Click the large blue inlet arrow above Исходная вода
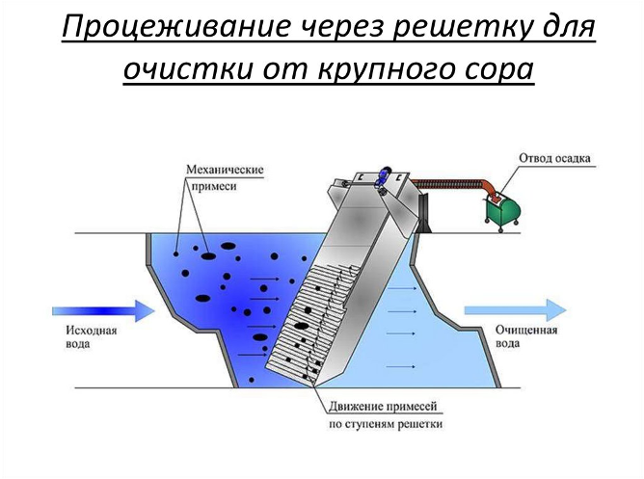click(101, 310)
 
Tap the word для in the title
click(565, 28)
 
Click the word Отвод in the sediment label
click(535, 158)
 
